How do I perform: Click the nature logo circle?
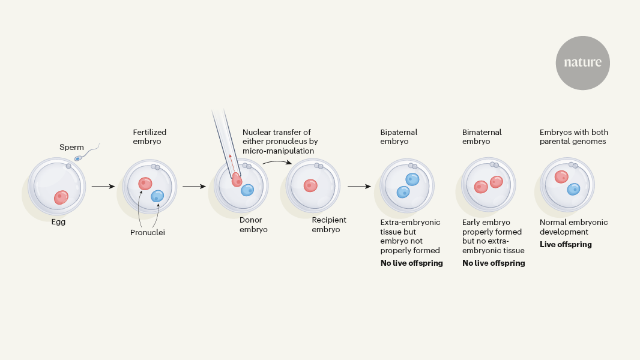click(582, 62)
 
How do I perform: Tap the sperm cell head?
click(78, 158)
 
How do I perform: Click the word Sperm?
click(71, 147)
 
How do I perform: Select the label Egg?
click(58, 222)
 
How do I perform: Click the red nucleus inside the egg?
click(61, 197)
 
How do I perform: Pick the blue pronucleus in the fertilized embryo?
click(157, 196)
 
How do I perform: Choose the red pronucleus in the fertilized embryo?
click(145, 184)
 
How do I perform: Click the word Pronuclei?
click(147, 232)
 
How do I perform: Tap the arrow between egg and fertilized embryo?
click(103, 187)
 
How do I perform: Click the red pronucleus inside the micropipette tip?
click(237, 179)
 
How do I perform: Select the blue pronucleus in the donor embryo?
click(247, 190)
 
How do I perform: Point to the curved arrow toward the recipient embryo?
click(277, 162)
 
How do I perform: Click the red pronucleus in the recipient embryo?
click(310, 185)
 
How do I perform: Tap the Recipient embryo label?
click(329, 224)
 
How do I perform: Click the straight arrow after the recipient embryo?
click(359, 187)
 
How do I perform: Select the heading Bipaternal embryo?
click(399, 137)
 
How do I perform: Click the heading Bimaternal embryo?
click(482, 137)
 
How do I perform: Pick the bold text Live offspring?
click(566, 244)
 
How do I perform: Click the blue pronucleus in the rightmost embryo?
click(574, 189)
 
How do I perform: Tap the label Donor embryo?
click(253, 224)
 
